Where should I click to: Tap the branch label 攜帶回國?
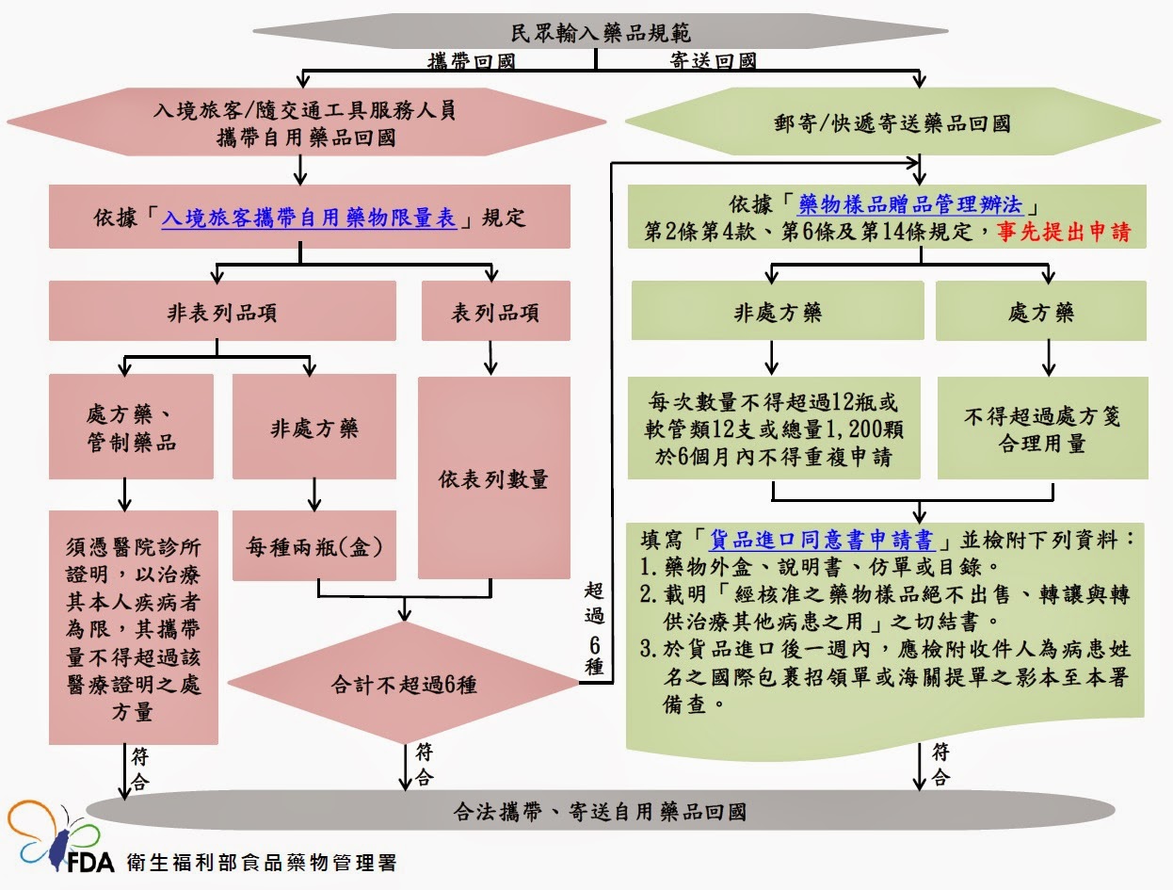click(x=471, y=61)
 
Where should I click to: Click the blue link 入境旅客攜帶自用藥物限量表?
click(x=309, y=218)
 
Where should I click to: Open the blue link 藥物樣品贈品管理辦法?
click(x=911, y=203)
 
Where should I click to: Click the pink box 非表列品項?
click(x=216, y=312)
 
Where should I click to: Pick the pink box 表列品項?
click(x=495, y=312)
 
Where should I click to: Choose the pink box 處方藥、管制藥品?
click(x=131, y=428)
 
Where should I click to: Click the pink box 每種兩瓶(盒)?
click(x=313, y=545)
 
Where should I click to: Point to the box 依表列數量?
click(x=493, y=478)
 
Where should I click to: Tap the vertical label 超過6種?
click(x=593, y=626)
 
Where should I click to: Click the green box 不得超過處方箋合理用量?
click(x=1041, y=429)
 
